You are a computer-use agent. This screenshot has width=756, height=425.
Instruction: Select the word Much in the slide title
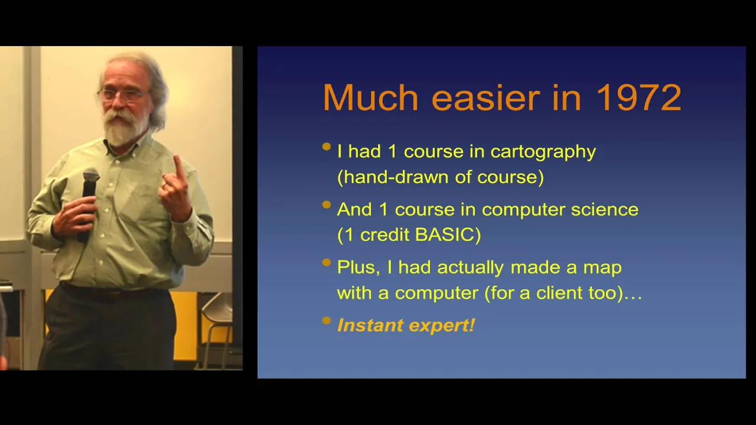[370, 97]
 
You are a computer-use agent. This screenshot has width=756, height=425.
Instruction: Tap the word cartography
[543, 152]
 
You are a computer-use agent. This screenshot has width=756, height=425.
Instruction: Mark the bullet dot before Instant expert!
[327, 321]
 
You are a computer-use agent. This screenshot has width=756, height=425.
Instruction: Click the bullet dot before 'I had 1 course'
[327, 146]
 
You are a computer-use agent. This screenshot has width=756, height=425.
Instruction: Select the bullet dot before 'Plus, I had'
[327, 263]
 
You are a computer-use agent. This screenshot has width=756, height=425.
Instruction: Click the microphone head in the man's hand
[91, 176]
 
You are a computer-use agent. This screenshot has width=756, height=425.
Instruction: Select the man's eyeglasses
[123, 94]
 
